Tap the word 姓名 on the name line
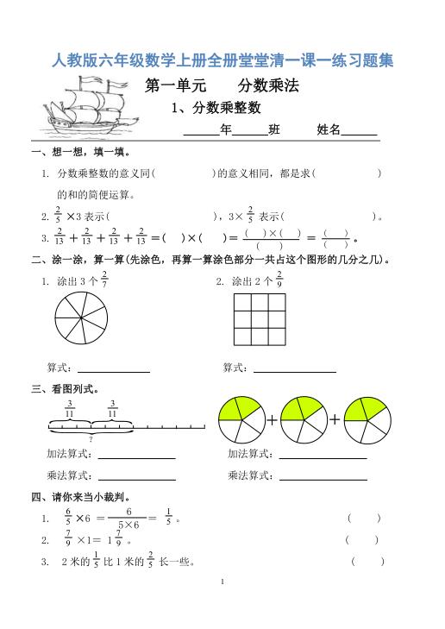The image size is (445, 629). pos(329,130)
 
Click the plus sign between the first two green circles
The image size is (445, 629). pos(273,420)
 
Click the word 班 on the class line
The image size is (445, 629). pos(274,130)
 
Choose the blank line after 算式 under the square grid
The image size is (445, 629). pos(294,368)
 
